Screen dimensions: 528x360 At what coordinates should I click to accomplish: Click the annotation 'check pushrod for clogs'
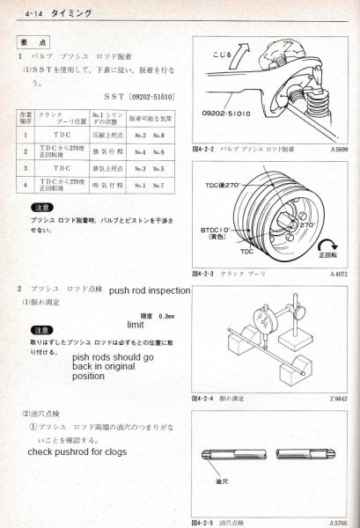click(77, 451)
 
